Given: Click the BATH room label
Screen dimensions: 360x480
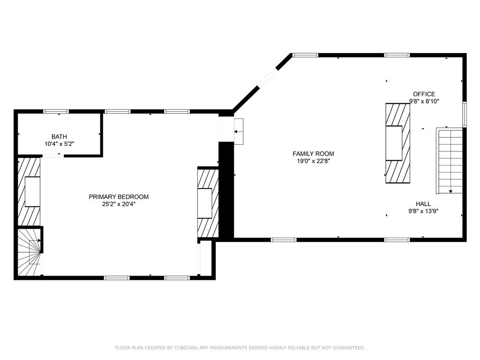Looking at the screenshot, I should pyautogui.click(x=59, y=136).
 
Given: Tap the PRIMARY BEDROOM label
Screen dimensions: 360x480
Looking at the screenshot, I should pyautogui.click(x=119, y=197).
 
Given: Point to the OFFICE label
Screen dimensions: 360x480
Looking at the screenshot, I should pyautogui.click(x=424, y=94).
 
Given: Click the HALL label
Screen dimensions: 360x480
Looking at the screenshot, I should pyautogui.click(x=423, y=204).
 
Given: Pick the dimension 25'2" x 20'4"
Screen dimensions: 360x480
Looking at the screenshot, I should pyautogui.click(x=119, y=204).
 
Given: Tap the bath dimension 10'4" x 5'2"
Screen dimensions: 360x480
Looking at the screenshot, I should pyautogui.click(x=59, y=144).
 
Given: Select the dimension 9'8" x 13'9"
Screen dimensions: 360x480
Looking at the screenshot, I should pyautogui.click(x=423, y=211).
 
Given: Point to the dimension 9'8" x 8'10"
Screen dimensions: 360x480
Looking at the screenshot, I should pyautogui.click(x=424, y=101).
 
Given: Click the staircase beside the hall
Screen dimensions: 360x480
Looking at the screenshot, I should pyautogui.click(x=450, y=160).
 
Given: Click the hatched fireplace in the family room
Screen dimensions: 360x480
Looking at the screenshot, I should pyautogui.click(x=397, y=143).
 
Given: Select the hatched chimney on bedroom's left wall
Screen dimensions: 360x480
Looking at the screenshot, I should pyautogui.click(x=29, y=191).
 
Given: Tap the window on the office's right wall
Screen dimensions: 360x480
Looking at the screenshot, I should pyautogui.click(x=464, y=114).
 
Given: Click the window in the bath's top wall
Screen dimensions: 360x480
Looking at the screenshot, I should pyautogui.click(x=56, y=112).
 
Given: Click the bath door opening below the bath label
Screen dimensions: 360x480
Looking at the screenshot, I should pyautogui.click(x=52, y=156).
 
